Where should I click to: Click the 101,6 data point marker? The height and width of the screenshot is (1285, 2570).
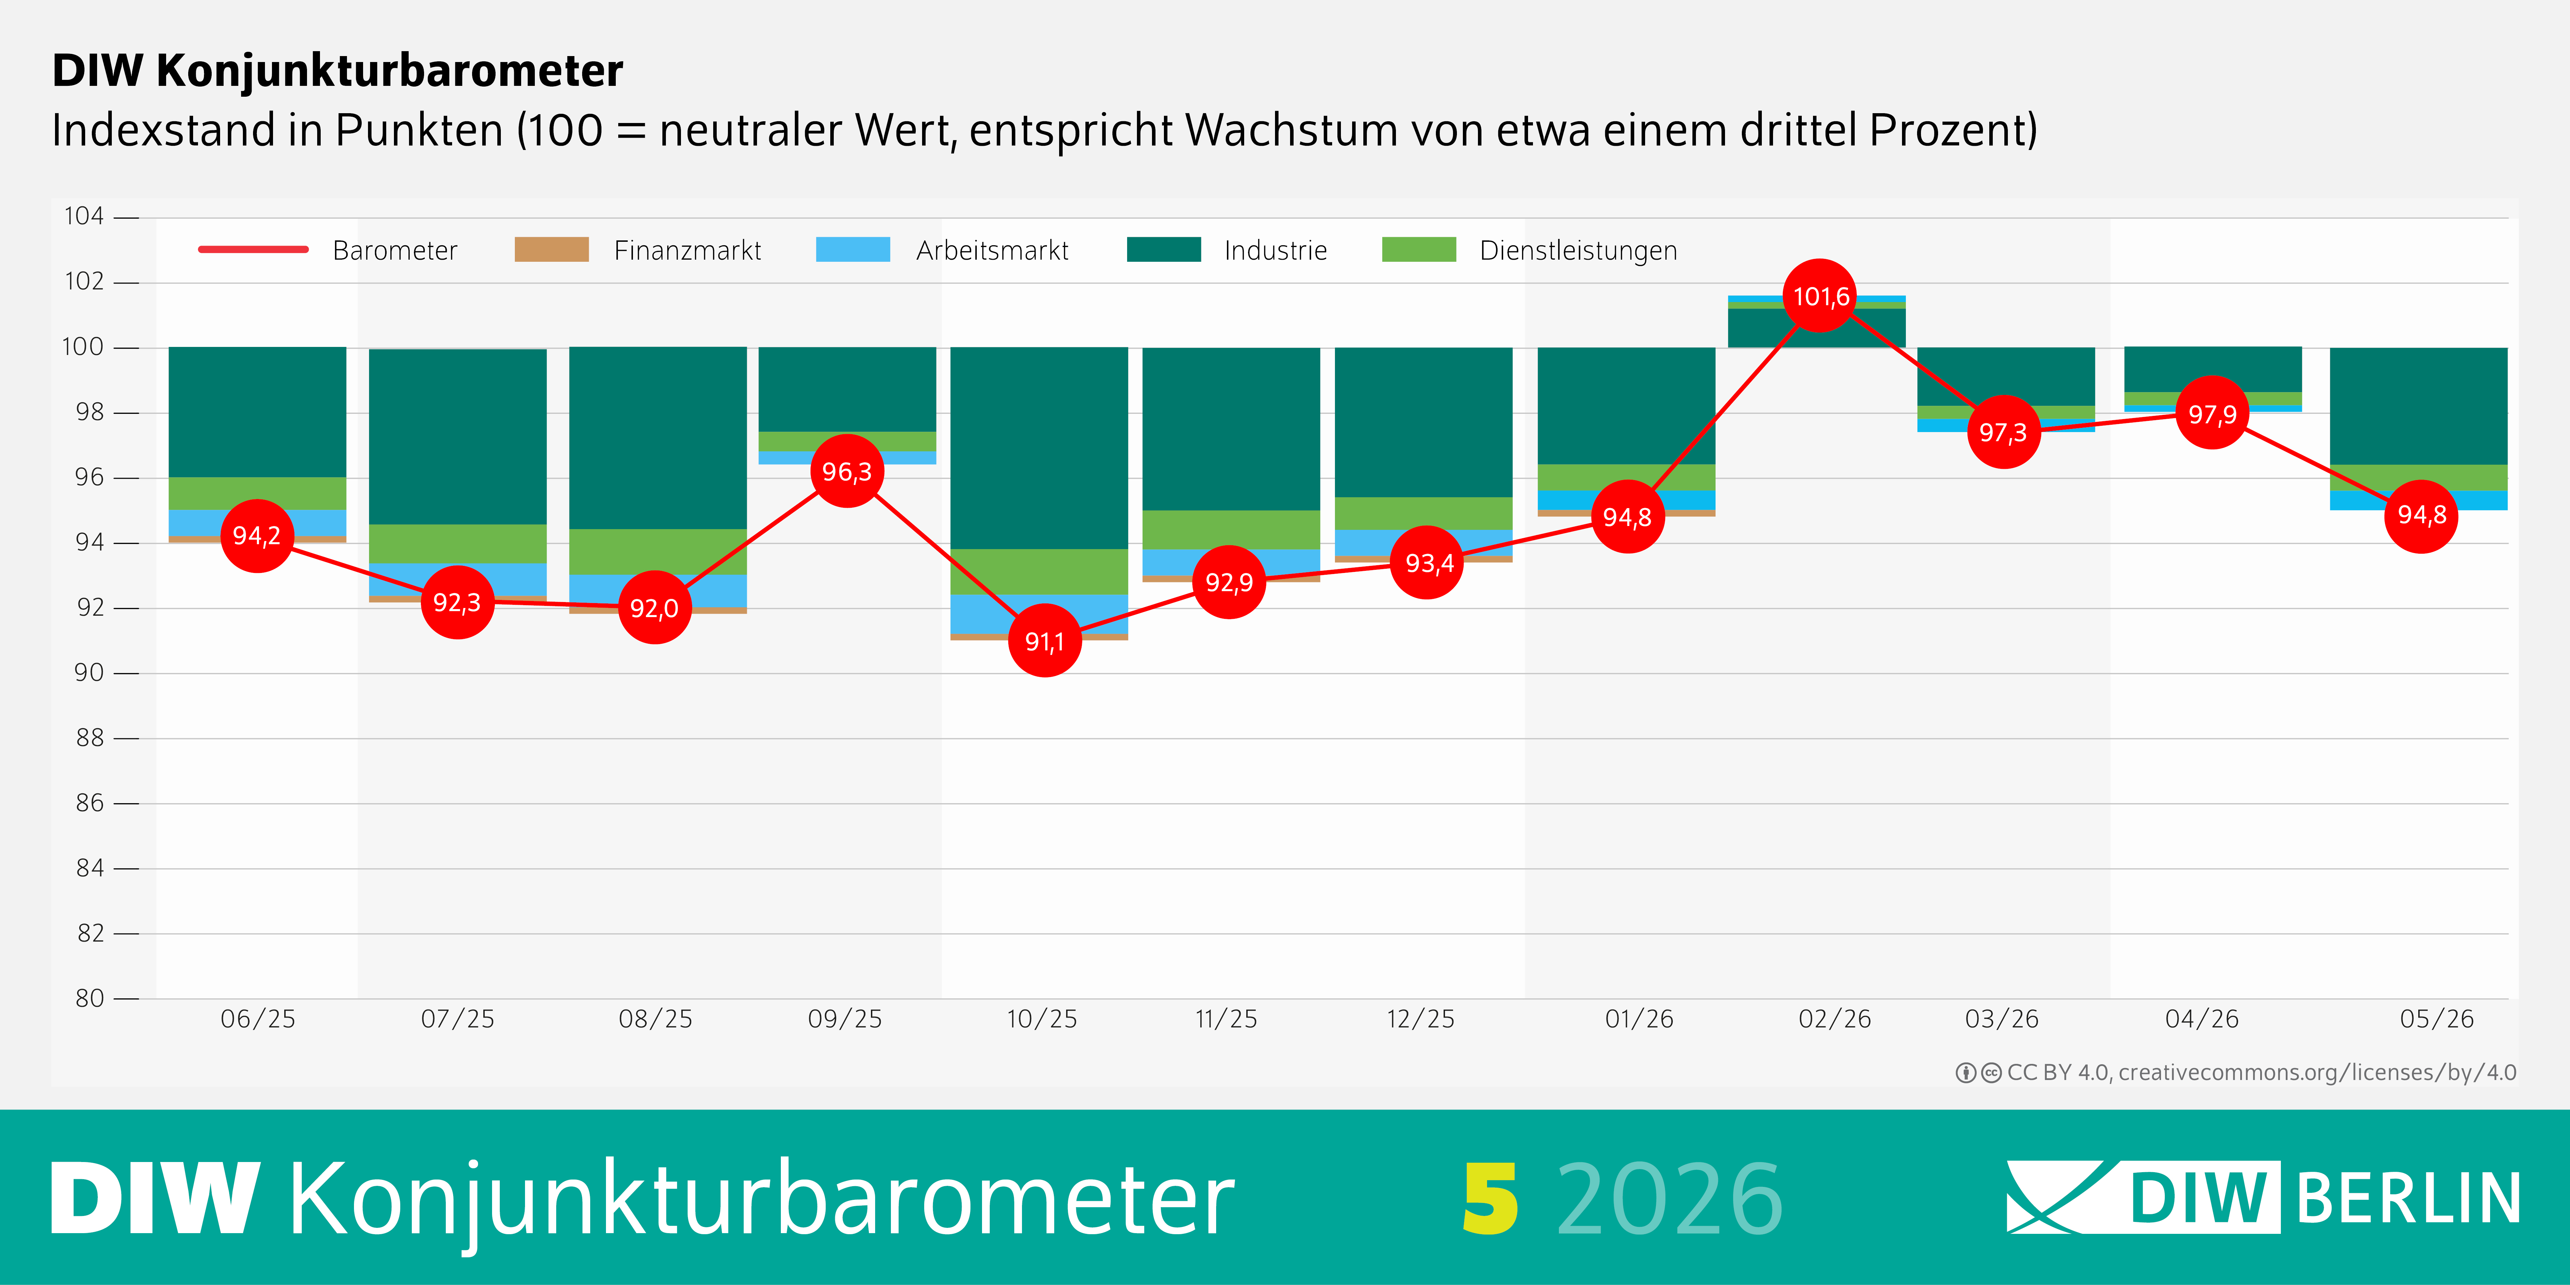(x=1820, y=296)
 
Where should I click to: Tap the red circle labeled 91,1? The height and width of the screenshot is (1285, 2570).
(x=1044, y=641)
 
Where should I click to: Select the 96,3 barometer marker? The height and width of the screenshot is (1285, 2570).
(x=847, y=471)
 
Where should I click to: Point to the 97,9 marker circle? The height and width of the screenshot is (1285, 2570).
(x=2212, y=413)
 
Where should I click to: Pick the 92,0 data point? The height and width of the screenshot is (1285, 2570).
(x=654, y=608)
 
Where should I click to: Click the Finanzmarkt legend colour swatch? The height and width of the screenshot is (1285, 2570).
(x=552, y=250)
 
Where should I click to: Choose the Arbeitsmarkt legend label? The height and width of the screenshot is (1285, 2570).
(x=992, y=251)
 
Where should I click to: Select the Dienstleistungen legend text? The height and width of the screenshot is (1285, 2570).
(x=1578, y=251)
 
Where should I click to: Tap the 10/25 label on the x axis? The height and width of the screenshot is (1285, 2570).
(x=1042, y=1019)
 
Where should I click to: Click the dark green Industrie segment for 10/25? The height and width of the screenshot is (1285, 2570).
(x=1038, y=448)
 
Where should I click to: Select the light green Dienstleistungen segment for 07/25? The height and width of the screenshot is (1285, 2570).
(x=458, y=544)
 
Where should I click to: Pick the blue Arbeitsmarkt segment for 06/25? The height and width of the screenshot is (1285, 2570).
(x=257, y=523)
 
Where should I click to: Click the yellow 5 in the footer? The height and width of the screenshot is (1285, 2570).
(x=1491, y=1198)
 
